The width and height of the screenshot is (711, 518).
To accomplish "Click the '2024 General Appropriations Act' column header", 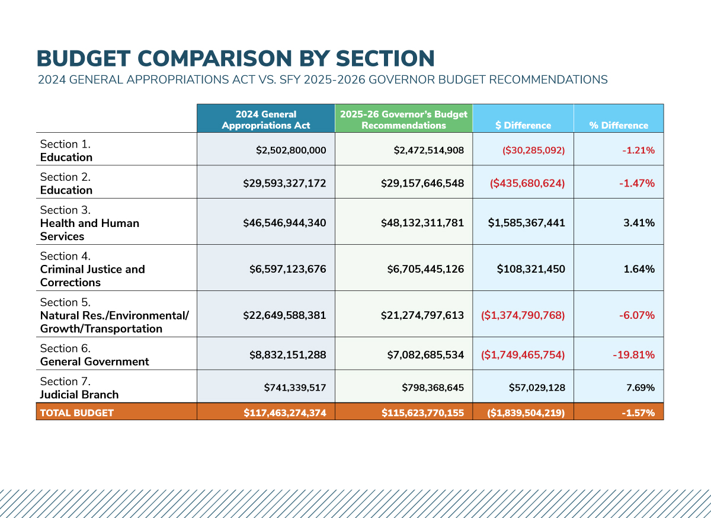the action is (265, 120).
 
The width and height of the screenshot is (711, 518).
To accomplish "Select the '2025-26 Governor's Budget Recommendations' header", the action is (403, 120).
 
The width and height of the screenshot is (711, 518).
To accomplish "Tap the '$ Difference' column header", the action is (523, 125).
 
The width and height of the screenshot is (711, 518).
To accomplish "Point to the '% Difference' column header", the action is (619, 125).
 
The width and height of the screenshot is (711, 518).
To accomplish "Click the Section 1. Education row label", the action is (66, 151).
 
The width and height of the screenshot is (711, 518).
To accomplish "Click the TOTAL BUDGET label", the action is (77, 413).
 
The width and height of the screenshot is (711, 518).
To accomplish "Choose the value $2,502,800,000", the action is (291, 150).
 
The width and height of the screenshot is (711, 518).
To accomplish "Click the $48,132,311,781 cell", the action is (422, 223).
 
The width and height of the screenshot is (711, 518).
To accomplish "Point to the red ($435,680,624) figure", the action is (527, 183).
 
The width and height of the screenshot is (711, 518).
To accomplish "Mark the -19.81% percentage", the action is (633, 355).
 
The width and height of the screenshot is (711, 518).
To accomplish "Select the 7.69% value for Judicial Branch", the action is (640, 388).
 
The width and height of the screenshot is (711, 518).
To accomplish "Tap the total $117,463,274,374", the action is (285, 413).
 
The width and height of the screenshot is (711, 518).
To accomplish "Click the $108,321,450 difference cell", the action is (531, 269).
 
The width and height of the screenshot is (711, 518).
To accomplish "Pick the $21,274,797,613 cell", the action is (422, 315).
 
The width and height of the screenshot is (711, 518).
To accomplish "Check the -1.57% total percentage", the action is (638, 413).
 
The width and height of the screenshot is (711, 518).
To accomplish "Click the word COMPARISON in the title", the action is (214, 59).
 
